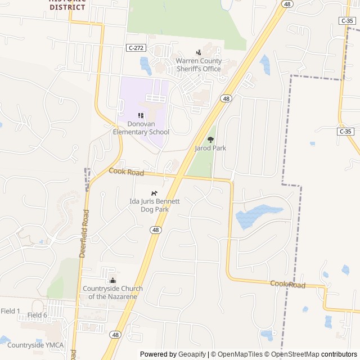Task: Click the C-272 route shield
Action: click(136, 48)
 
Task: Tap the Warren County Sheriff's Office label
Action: click(199, 65)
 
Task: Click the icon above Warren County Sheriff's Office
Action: click(197, 52)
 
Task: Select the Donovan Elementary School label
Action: click(141, 128)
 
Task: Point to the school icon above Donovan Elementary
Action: click(141, 115)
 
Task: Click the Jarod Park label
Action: click(210, 148)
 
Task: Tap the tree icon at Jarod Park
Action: click(211, 139)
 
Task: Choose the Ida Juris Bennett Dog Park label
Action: click(155, 205)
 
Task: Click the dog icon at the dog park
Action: click(154, 193)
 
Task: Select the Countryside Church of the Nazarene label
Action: click(112, 292)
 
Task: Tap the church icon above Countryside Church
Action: click(112, 281)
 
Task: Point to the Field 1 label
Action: click(10, 311)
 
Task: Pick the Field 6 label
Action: click(37, 315)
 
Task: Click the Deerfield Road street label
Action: click(84, 233)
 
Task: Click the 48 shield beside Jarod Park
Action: click(226, 98)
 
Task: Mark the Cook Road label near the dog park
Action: click(126, 172)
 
